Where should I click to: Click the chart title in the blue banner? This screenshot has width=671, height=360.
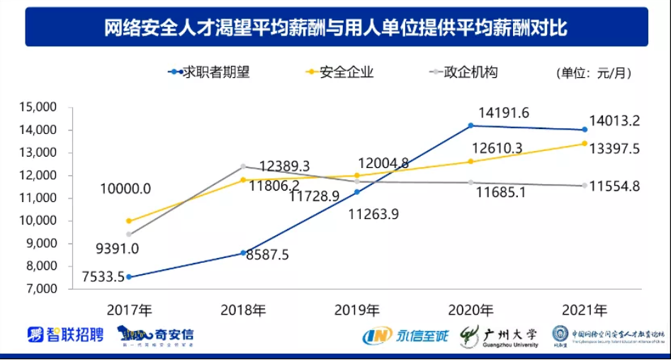336,28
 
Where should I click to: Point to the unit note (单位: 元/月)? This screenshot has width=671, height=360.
593,73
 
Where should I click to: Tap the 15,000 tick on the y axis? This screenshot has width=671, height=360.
40,107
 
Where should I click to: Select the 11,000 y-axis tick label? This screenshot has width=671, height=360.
40,198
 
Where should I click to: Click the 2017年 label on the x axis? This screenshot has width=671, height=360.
129,310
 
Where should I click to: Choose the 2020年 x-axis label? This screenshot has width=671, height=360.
470,310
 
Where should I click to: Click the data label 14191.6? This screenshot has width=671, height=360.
504,112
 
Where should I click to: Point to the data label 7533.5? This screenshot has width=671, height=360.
88,276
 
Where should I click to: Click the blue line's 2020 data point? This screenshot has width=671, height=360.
470,125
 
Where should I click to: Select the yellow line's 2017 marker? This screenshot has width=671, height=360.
128,221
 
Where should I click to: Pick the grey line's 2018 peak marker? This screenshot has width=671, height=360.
242,167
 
